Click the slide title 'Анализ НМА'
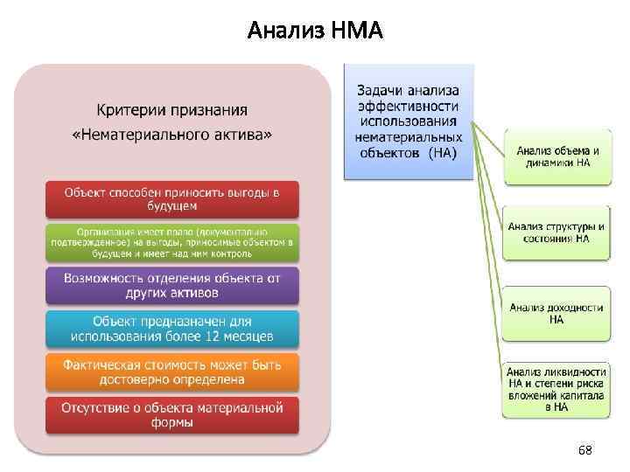(x=315, y=31)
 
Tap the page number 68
(x=584, y=450)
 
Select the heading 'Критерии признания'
(x=171, y=111)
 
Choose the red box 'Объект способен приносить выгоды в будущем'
(x=172, y=199)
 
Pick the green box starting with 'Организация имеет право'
(x=172, y=242)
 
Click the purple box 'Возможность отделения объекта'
(x=172, y=285)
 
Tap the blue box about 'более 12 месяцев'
(x=172, y=329)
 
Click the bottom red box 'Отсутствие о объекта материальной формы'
(x=172, y=415)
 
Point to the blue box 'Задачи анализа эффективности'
(x=409, y=121)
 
